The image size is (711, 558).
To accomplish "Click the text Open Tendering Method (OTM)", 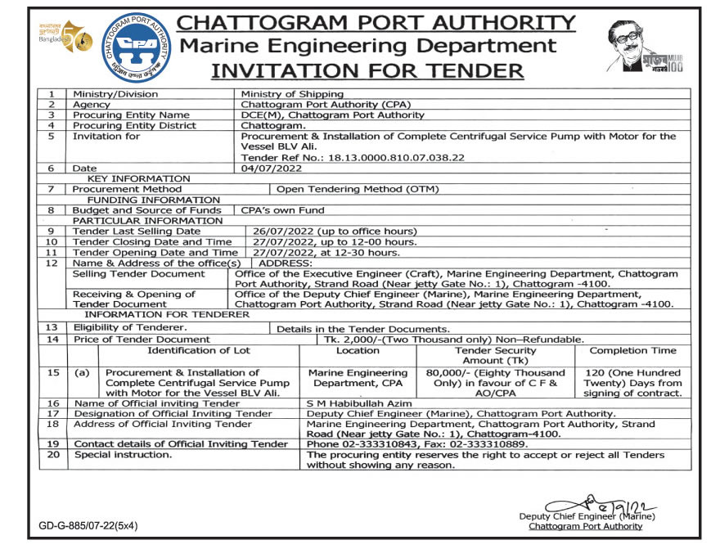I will tap(358, 189).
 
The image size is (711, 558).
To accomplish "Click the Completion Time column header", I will tap(632, 351).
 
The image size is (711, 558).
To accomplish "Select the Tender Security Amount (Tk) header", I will tap(495, 356).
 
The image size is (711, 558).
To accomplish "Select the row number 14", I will tap(54, 339).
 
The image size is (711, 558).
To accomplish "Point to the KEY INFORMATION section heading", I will tap(138, 178).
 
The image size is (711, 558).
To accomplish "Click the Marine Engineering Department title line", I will tap(367, 46).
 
